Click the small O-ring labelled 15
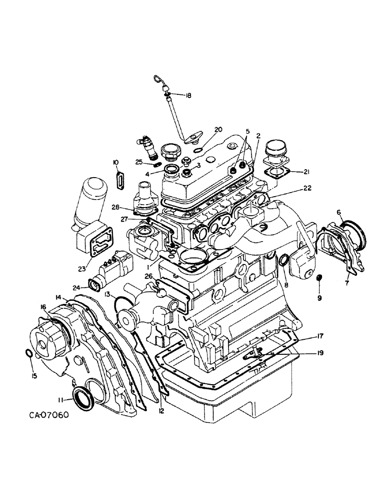pyautogui.click(x=29, y=354)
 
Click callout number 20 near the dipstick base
pyautogui.click(x=218, y=129)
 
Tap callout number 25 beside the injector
pyautogui.click(x=140, y=162)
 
